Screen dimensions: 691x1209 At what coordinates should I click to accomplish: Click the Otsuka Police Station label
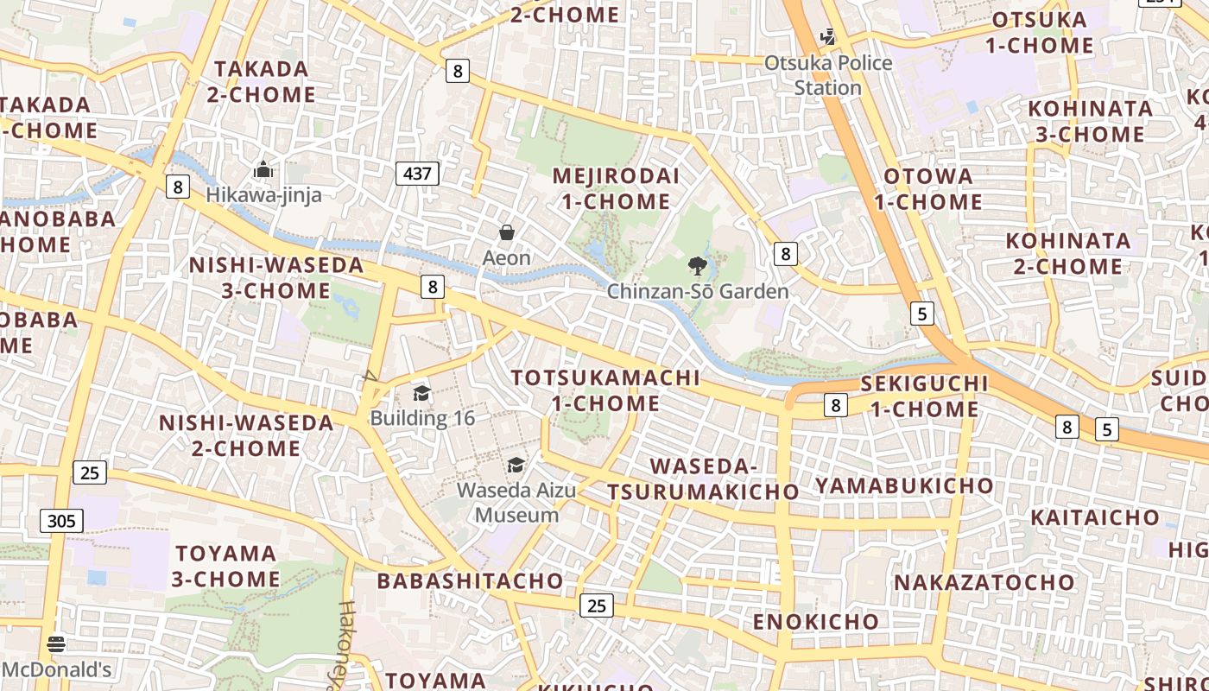(829, 75)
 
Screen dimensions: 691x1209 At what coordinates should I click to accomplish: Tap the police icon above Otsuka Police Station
(828, 37)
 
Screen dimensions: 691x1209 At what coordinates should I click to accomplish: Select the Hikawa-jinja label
(263, 195)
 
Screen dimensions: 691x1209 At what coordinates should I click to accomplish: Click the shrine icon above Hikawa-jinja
(263, 169)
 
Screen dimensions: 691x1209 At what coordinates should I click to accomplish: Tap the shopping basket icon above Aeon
(507, 232)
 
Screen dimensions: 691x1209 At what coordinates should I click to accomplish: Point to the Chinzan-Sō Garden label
(698, 291)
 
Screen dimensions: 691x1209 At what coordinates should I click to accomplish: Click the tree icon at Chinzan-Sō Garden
(697, 265)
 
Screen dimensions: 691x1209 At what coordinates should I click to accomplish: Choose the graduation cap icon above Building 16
(421, 394)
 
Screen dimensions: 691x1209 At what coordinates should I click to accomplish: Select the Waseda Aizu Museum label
(516, 503)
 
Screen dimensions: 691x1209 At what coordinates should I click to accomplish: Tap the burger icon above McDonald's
(56, 644)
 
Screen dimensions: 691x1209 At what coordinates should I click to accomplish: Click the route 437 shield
(417, 174)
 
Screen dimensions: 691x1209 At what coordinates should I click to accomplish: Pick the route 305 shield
(61, 521)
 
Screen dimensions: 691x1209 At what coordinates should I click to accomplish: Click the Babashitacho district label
(470, 581)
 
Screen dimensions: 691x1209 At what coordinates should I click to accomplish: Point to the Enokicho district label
(816, 622)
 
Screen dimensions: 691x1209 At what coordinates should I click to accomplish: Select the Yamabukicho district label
(904, 485)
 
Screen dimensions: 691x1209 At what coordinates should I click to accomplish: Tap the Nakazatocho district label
(984, 582)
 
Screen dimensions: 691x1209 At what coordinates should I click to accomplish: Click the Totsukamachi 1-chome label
(605, 390)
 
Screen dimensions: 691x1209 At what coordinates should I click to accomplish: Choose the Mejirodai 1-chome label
(615, 188)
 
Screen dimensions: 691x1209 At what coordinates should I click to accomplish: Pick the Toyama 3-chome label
(226, 566)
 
